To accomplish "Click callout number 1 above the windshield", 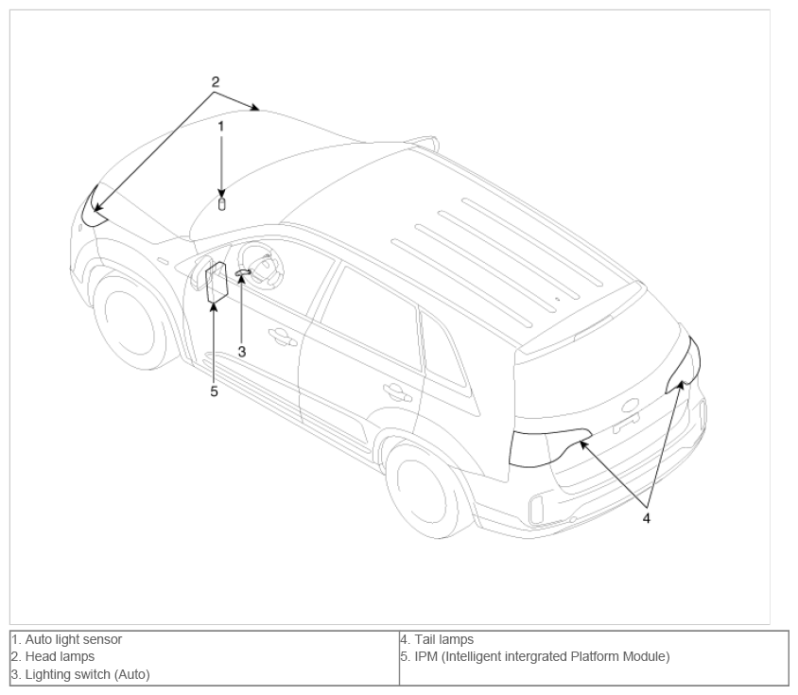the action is (x=221, y=127).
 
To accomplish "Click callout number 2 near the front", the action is (x=216, y=81).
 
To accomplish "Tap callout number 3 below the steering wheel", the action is (x=242, y=352).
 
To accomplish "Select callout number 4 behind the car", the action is (x=647, y=518).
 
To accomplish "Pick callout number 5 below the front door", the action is (x=214, y=391).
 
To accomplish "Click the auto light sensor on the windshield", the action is (x=221, y=204).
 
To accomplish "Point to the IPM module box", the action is (x=217, y=283).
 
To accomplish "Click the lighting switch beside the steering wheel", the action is (x=243, y=273).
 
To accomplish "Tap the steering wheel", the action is (x=261, y=266).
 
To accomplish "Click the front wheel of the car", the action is (x=130, y=320).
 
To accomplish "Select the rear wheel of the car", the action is (x=424, y=493).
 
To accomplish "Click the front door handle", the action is (x=282, y=337).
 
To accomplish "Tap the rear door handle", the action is (x=396, y=392).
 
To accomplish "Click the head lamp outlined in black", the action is (x=94, y=208).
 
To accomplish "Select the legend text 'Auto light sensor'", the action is (x=74, y=639).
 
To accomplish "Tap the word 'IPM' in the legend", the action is (x=426, y=657).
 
